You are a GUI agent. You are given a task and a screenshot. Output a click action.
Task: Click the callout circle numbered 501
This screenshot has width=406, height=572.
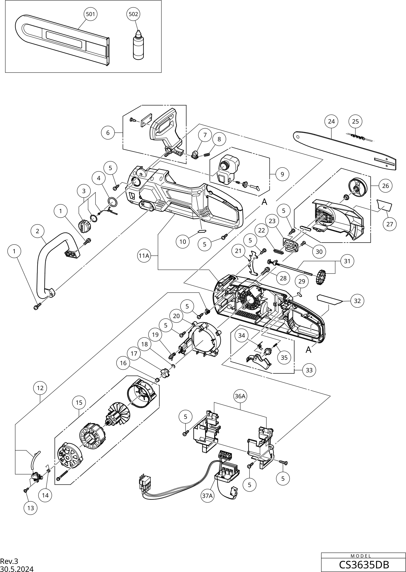tap(90, 14)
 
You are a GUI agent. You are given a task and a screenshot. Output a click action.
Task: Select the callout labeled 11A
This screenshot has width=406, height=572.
tap(144, 256)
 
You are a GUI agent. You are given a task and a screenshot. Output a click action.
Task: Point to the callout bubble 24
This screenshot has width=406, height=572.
tap(331, 121)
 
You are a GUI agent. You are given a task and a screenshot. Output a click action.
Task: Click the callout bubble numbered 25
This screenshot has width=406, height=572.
tap(355, 121)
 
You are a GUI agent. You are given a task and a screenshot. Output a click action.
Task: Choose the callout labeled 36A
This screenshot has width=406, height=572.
tap(240, 396)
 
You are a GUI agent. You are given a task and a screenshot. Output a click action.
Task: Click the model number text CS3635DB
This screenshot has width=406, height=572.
tap(364, 565)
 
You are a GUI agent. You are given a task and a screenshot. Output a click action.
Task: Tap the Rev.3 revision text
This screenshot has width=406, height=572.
tap(9, 561)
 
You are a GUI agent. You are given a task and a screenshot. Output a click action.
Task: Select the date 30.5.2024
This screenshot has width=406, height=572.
tap(17, 569)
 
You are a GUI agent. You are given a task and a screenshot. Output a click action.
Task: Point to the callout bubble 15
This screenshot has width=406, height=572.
tap(79, 403)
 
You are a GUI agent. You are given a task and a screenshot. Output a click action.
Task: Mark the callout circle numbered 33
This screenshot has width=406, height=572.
tap(309, 370)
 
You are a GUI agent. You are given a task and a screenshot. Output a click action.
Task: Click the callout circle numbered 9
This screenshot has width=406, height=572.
tap(282, 174)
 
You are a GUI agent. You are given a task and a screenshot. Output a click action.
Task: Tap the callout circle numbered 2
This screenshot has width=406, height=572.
tap(38, 231)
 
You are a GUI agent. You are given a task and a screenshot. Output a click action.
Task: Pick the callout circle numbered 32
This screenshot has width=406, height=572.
tap(357, 301)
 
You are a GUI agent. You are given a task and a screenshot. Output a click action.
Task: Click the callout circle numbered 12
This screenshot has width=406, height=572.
tap(40, 388)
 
